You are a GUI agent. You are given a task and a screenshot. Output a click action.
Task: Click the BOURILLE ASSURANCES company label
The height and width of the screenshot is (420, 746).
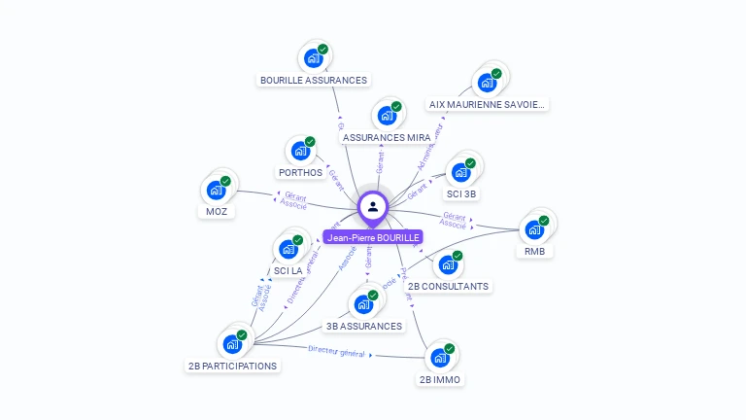[314, 80]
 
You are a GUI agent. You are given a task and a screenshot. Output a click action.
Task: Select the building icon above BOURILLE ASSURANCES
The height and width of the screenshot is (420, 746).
[314, 58]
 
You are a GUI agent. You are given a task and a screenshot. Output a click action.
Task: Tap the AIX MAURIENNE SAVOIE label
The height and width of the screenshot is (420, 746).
[488, 104]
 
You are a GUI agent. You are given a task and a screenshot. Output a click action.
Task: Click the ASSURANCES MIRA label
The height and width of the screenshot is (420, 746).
[387, 138]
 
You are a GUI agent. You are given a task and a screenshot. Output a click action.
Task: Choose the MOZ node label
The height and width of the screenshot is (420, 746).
[216, 211]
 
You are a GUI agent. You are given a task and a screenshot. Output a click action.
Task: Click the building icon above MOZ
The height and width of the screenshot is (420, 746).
[217, 191]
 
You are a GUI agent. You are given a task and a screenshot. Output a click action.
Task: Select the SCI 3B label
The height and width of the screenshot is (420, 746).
[461, 193]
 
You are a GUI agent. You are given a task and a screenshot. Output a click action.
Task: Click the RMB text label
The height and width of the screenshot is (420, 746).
[534, 252]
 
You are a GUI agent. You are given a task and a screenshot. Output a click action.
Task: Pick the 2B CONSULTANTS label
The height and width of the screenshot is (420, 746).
[448, 286]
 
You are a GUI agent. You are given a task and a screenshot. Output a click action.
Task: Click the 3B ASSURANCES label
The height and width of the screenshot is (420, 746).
[364, 326]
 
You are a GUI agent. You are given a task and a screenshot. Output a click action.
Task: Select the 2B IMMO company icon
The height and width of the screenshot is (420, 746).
[440, 358]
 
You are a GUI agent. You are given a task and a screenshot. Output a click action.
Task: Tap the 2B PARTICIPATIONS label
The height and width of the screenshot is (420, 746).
[232, 366]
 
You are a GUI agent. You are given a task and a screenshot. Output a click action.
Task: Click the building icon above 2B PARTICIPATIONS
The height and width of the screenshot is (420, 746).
[233, 343]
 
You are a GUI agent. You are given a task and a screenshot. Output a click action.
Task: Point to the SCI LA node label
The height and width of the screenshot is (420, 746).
[288, 270]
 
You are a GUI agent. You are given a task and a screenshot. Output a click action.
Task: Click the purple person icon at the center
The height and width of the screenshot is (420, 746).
[373, 206]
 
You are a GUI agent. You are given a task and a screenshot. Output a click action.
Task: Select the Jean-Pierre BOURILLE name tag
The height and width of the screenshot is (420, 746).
[373, 237]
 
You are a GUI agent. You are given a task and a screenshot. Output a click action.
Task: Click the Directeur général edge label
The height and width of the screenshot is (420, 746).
[336, 351]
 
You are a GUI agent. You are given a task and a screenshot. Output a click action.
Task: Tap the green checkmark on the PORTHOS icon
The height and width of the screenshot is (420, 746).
[310, 142]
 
